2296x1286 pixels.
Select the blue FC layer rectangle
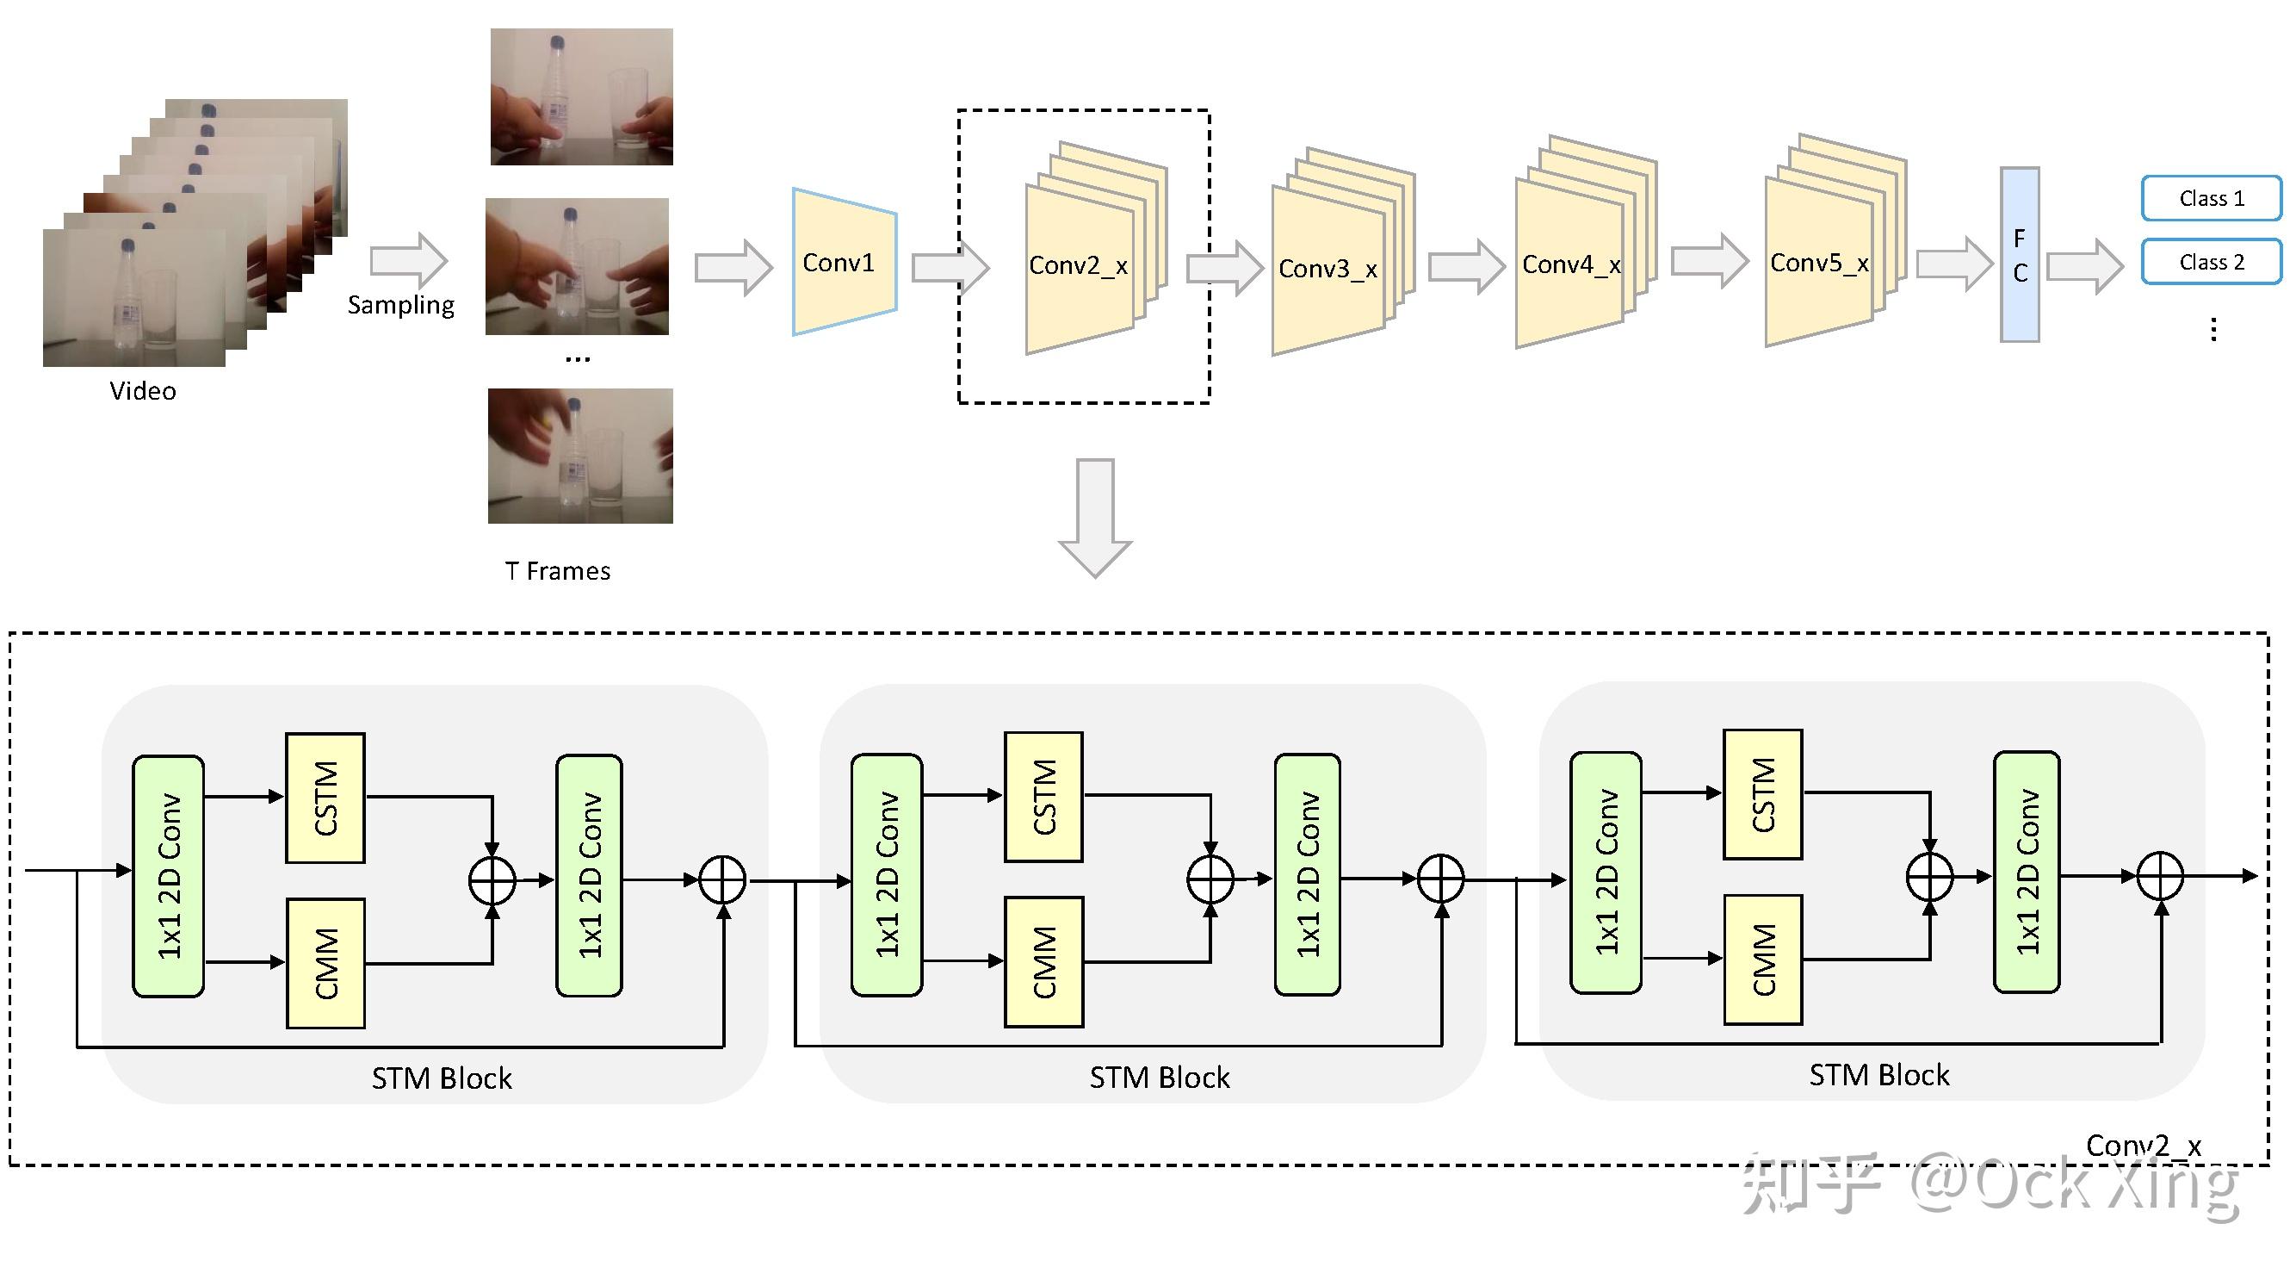[2019, 255]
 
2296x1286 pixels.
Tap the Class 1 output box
[2211, 198]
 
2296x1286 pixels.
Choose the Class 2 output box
[2211, 262]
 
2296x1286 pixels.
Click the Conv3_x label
[1327, 269]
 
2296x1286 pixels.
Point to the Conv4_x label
[1570, 265]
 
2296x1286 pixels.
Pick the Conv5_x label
[1818, 263]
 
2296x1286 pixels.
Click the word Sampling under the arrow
[400, 305]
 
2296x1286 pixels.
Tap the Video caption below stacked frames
[143, 390]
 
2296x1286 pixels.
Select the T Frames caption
[557, 571]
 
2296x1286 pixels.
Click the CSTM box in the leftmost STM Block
[325, 798]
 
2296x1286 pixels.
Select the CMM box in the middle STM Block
[1043, 962]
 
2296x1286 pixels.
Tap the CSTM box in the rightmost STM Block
[1763, 795]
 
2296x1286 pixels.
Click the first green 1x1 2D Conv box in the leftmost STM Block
[169, 876]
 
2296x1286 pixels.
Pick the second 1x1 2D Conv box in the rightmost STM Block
[2026, 873]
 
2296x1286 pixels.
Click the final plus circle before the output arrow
[2160, 876]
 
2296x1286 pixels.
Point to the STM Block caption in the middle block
[1159, 1078]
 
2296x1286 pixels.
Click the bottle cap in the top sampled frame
[558, 42]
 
